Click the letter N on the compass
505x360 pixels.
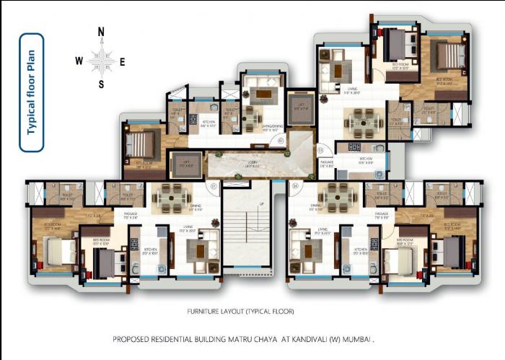coord(102,32)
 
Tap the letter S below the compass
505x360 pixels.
coord(102,84)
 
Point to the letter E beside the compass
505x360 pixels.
coord(123,61)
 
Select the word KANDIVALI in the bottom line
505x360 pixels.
coord(303,338)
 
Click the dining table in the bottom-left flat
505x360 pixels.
coord(171,195)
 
